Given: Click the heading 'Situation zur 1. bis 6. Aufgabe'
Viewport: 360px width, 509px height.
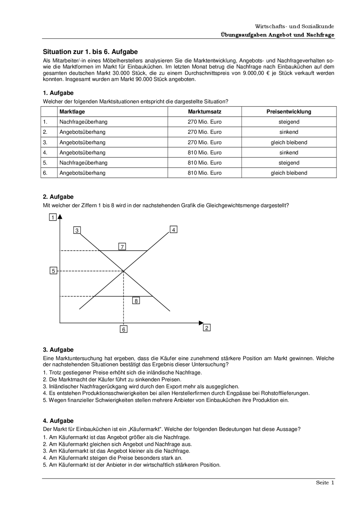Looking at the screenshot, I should [90, 52].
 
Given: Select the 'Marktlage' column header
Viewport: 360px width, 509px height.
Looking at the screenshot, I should [72, 112].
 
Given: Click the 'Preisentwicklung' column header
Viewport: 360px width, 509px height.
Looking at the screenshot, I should [289, 112].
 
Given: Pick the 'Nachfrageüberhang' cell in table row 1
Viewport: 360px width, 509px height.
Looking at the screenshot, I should [84, 122].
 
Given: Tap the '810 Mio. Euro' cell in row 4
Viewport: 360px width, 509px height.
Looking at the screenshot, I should [204, 153].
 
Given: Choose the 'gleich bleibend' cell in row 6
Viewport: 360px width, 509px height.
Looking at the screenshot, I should [289, 173].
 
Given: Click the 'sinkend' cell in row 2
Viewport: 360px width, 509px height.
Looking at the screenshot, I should [289, 132].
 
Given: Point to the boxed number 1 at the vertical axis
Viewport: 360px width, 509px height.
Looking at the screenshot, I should [53, 217].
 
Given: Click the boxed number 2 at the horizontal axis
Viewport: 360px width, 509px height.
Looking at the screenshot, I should [207, 328].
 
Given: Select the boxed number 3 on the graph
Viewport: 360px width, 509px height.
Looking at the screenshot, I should [77, 230].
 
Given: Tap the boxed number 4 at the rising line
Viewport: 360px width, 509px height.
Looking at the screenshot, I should [174, 230].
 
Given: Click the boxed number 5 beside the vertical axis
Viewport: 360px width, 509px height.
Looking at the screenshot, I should [53, 271].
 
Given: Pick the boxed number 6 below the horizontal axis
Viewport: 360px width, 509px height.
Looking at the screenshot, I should [123, 329].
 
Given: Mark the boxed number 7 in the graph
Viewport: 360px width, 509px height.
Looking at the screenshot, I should [122, 247].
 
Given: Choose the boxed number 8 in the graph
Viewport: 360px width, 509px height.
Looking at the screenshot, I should [136, 301].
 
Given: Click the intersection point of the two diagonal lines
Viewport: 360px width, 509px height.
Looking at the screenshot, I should [123, 271].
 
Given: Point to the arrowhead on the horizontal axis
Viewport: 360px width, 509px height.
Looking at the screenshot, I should [201, 323].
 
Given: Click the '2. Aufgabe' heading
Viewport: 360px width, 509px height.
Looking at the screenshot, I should [58, 197].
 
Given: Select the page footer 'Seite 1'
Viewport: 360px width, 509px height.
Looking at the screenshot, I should [325, 483].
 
